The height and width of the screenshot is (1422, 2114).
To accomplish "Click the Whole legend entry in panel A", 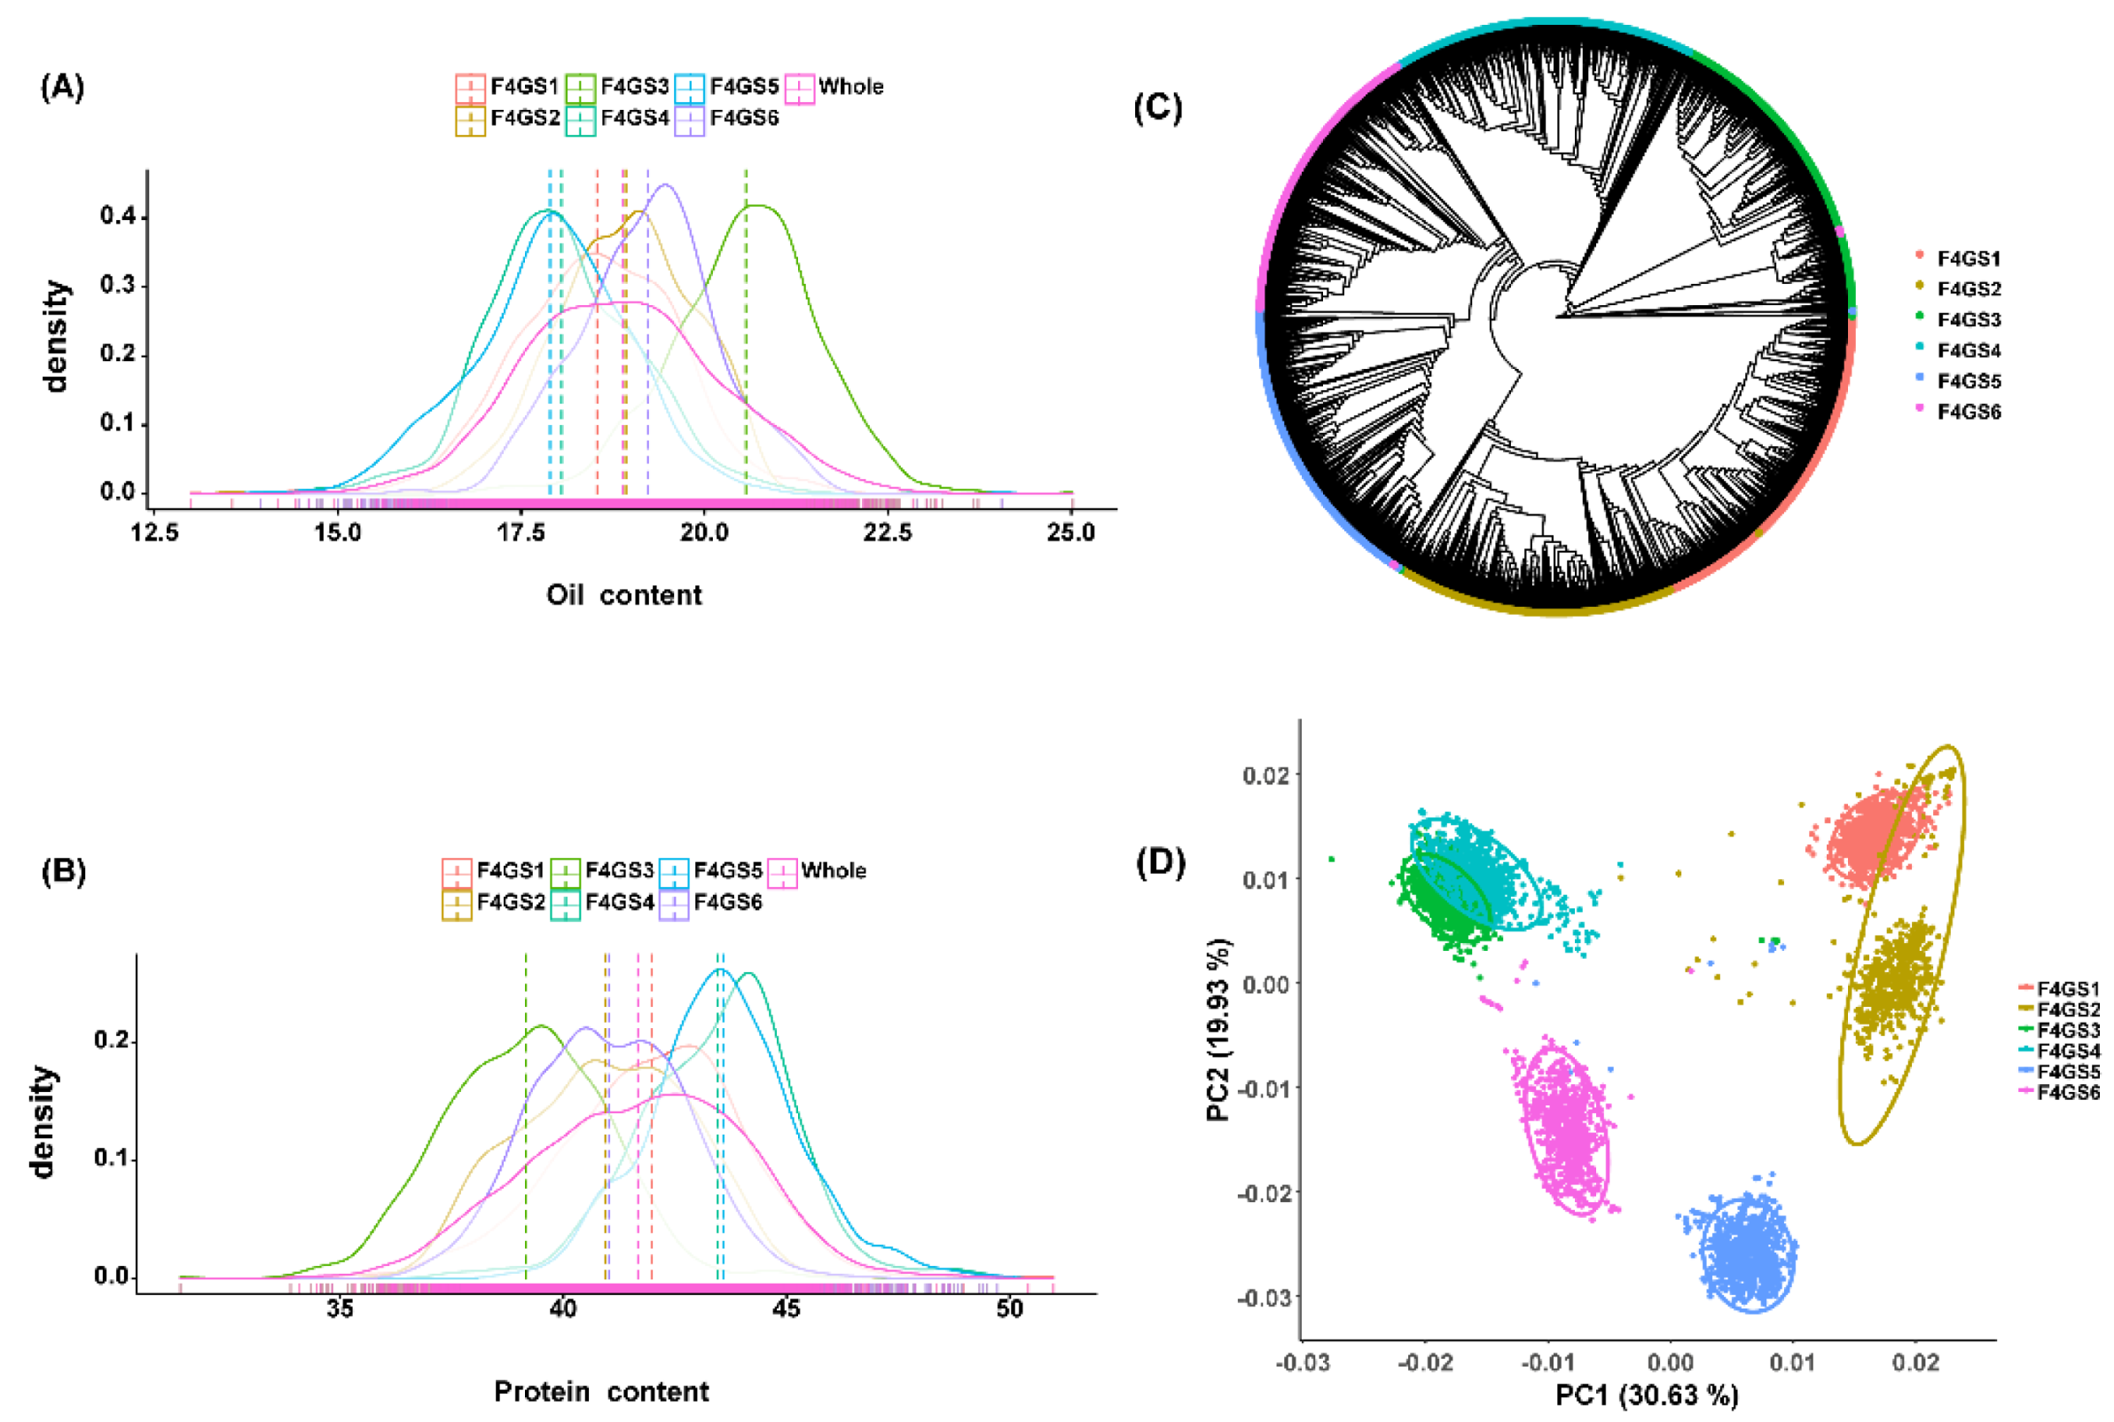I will tap(835, 87).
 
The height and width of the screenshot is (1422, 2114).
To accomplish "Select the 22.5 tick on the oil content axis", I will tap(888, 533).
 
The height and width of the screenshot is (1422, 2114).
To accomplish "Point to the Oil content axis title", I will tap(623, 595).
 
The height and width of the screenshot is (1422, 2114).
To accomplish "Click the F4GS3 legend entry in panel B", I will tap(602, 871).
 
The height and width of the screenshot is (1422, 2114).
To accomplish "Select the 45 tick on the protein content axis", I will tap(786, 1308).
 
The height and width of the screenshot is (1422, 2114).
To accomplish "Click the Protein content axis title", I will tap(601, 1391).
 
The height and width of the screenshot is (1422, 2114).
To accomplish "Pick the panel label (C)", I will tap(1157, 108).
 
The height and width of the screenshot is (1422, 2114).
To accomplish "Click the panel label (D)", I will tap(1161, 862).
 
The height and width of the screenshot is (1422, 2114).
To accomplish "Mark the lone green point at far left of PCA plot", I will tap(1332, 859).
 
